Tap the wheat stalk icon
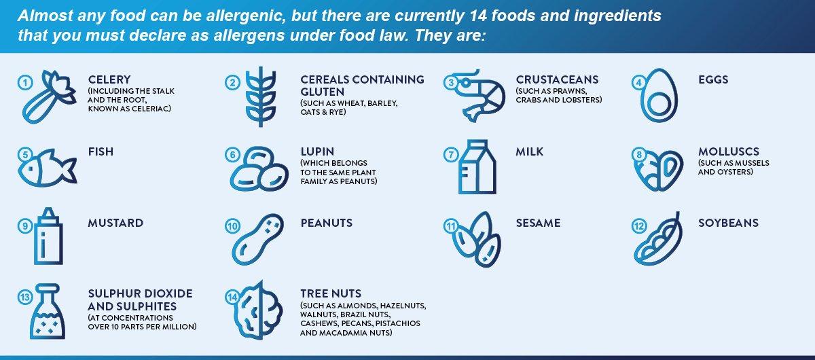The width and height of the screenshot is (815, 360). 261,96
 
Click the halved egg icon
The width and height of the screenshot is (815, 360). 659,95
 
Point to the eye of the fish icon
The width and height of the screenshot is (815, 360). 32,168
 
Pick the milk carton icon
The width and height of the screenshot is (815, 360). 477,166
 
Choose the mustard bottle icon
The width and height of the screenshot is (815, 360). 48,236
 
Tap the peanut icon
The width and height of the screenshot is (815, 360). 258,239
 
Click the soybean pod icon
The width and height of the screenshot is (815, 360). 658,239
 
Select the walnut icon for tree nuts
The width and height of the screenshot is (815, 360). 258,310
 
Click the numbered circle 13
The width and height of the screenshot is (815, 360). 25,298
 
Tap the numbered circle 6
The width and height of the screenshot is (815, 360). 232,155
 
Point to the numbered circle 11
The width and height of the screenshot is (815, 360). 451,226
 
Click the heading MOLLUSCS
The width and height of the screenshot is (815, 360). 728,151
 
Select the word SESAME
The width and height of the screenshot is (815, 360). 538,223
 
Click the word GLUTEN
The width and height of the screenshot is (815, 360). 323,92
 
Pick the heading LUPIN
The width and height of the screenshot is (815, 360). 317,151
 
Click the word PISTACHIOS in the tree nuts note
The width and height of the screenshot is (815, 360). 398,323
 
